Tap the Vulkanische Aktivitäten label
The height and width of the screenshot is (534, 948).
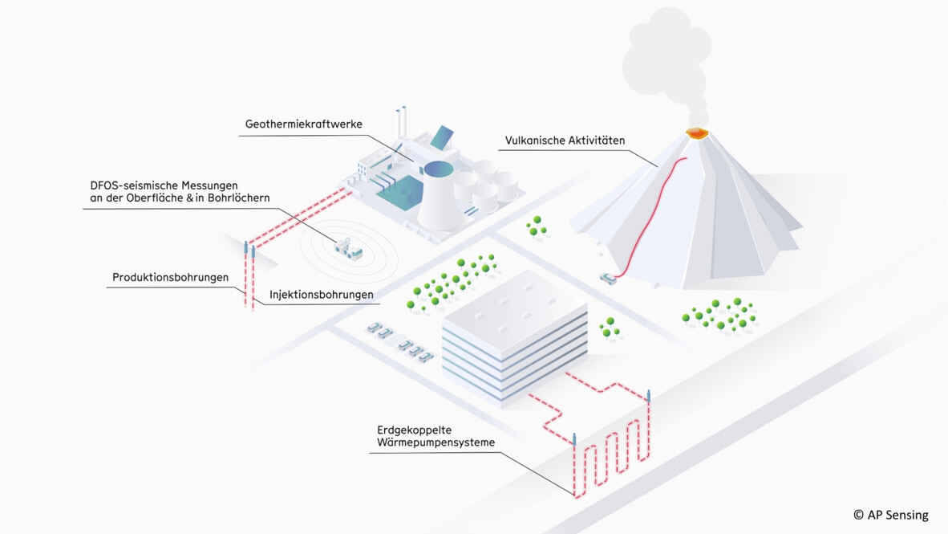tap(565, 141)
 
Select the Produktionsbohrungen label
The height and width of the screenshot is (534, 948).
tap(170, 278)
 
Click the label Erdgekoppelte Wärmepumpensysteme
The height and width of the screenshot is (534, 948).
tap(436, 435)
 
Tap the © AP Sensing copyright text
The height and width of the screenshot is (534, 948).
tap(890, 515)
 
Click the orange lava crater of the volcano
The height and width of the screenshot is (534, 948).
tap(696, 132)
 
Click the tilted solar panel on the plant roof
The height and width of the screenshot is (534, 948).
tap(442, 137)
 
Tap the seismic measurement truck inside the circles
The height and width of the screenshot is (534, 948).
tap(348, 249)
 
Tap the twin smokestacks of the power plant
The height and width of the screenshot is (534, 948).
tap(400, 124)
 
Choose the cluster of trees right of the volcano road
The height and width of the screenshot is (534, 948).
tap(719, 314)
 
